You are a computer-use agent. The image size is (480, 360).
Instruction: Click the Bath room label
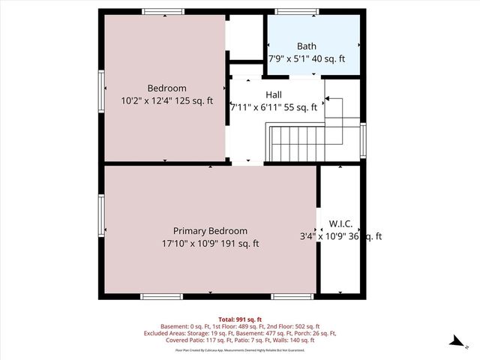(x=306, y=46)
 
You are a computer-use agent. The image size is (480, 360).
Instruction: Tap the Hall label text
(x=274, y=94)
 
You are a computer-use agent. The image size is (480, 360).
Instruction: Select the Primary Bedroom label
(x=210, y=231)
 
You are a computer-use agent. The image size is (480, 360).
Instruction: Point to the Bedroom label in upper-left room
(x=166, y=88)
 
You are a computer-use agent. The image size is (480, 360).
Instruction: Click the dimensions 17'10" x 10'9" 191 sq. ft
(x=210, y=243)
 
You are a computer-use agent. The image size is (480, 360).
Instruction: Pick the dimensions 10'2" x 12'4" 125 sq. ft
(x=166, y=100)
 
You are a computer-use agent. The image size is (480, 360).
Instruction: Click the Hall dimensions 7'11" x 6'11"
(x=273, y=107)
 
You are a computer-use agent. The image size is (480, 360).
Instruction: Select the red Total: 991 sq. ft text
(x=239, y=319)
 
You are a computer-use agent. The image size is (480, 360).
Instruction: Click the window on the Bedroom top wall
(x=164, y=11)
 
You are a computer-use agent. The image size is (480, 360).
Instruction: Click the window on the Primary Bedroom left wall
(x=100, y=217)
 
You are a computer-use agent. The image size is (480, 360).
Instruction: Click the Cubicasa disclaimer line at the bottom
(x=239, y=349)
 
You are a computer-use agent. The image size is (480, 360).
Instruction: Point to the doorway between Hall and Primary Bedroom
(x=247, y=162)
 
